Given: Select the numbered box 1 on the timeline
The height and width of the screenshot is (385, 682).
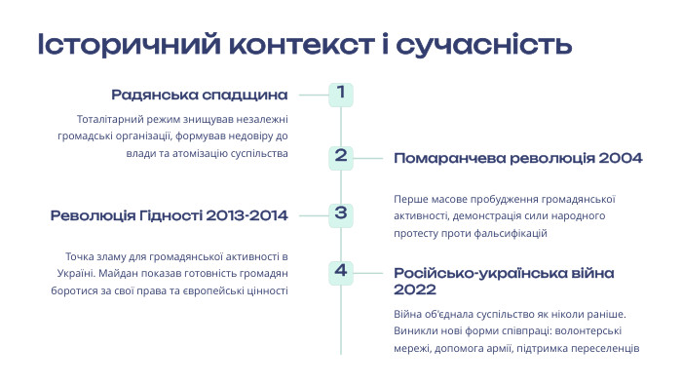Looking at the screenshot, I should [340, 95].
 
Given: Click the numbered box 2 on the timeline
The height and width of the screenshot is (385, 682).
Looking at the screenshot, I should [340, 155].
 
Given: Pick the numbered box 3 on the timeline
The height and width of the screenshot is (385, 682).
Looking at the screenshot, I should [340, 213].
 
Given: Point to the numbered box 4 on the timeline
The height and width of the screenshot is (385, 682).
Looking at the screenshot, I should [340, 272].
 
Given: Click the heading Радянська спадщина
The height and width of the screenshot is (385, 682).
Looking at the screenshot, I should [200, 96].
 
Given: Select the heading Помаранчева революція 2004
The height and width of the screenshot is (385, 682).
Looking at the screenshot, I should [517, 157].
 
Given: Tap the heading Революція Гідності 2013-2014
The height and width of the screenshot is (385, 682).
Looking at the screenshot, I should [170, 214].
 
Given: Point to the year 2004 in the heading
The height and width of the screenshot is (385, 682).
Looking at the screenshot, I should [621, 157].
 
